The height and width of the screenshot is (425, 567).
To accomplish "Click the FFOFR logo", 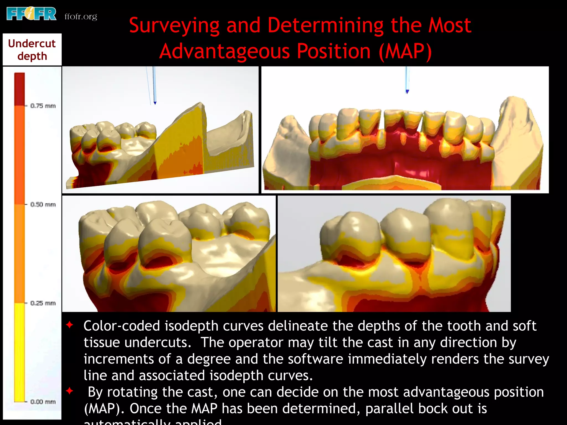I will [x=31, y=14].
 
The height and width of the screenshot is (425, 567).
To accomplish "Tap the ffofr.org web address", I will [x=81, y=17].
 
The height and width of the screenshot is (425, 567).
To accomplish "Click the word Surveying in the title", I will [x=174, y=25].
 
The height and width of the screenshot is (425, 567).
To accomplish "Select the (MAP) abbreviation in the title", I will [x=405, y=51].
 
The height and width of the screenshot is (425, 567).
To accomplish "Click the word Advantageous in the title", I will [x=225, y=51].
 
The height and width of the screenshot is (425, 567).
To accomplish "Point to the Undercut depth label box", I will [x=32, y=50].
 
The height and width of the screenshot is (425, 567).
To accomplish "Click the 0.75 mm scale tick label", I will [x=43, y=106].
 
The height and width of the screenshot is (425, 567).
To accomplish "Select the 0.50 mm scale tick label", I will [x=43, y=204].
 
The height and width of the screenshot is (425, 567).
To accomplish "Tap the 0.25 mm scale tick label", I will [x=43, y=303].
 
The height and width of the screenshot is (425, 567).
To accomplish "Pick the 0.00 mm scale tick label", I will [x=43, y=402].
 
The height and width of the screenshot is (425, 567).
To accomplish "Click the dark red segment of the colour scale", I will [x=19, y=89].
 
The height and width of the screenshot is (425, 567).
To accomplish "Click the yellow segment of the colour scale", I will [x=19, y=351].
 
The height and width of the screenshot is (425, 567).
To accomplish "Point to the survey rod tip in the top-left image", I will [x=155, y=103].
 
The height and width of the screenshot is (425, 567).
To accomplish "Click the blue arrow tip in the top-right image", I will [x=407, y=92].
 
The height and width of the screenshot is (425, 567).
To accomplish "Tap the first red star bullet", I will [x=70, y=325].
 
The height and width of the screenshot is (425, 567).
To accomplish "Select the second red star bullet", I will [x=70, y=391].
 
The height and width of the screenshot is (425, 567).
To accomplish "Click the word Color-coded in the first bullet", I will [x=122, y=326].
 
